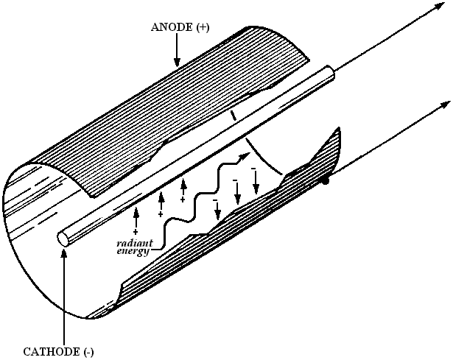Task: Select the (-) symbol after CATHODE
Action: (x=88, y=352)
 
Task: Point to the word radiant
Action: (x=134, y=243)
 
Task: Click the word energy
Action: (x=133, y=251)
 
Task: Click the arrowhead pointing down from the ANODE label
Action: (x=177, y=62)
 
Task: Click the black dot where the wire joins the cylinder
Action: (x=326, y=181)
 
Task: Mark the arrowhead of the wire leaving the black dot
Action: (x=445, y=104)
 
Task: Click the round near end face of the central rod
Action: (x=63, y=239)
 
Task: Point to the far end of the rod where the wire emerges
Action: (x=331, y=71)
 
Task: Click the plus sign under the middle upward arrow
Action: (x=161, y=214)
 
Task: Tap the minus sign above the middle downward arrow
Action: (x=235, y=180)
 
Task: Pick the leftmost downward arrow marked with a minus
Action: (x=217, y=211)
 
